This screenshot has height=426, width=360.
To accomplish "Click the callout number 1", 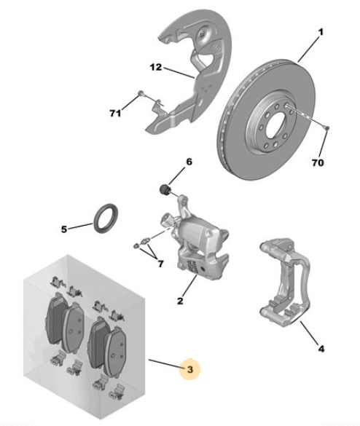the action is click(321, 32).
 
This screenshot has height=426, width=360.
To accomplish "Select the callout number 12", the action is click(156, 67).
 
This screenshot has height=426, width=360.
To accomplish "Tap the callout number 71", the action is click(115, 113).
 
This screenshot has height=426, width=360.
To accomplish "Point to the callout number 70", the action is click(318, 162).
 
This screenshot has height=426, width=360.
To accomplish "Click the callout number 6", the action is click(189, 162).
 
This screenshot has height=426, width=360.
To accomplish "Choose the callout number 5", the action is click(64, 229).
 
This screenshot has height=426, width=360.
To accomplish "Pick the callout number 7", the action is click(161, 264).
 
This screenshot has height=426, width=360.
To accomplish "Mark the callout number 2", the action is click(180, 301).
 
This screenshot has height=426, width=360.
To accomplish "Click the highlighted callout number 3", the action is click(189, 369).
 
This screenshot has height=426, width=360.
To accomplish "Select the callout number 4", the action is click(321, 349).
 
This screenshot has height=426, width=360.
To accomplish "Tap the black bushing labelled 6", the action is click(164, 189).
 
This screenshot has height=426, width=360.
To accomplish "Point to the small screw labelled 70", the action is click(327, 127).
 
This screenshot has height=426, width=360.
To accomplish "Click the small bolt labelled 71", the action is click(141, 93).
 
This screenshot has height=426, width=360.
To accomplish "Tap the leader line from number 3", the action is click(165, 364).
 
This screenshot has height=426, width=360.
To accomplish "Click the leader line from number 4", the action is click(308, 333).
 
